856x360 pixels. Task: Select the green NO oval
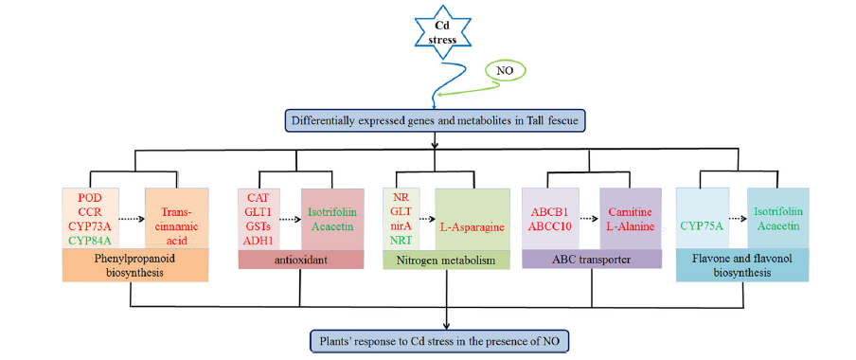505,70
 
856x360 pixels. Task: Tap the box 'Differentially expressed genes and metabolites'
435,120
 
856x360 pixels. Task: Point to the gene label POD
91,197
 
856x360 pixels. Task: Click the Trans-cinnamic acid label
176,218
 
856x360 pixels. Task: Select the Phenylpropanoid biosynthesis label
135,264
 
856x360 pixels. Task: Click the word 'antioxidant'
301,260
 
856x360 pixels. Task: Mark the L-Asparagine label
473,225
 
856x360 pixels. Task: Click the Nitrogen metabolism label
447,260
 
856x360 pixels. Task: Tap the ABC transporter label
592,259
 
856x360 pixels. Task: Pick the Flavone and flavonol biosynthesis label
742,264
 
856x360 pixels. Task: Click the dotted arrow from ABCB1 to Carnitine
588,218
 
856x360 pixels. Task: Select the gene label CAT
259,196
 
